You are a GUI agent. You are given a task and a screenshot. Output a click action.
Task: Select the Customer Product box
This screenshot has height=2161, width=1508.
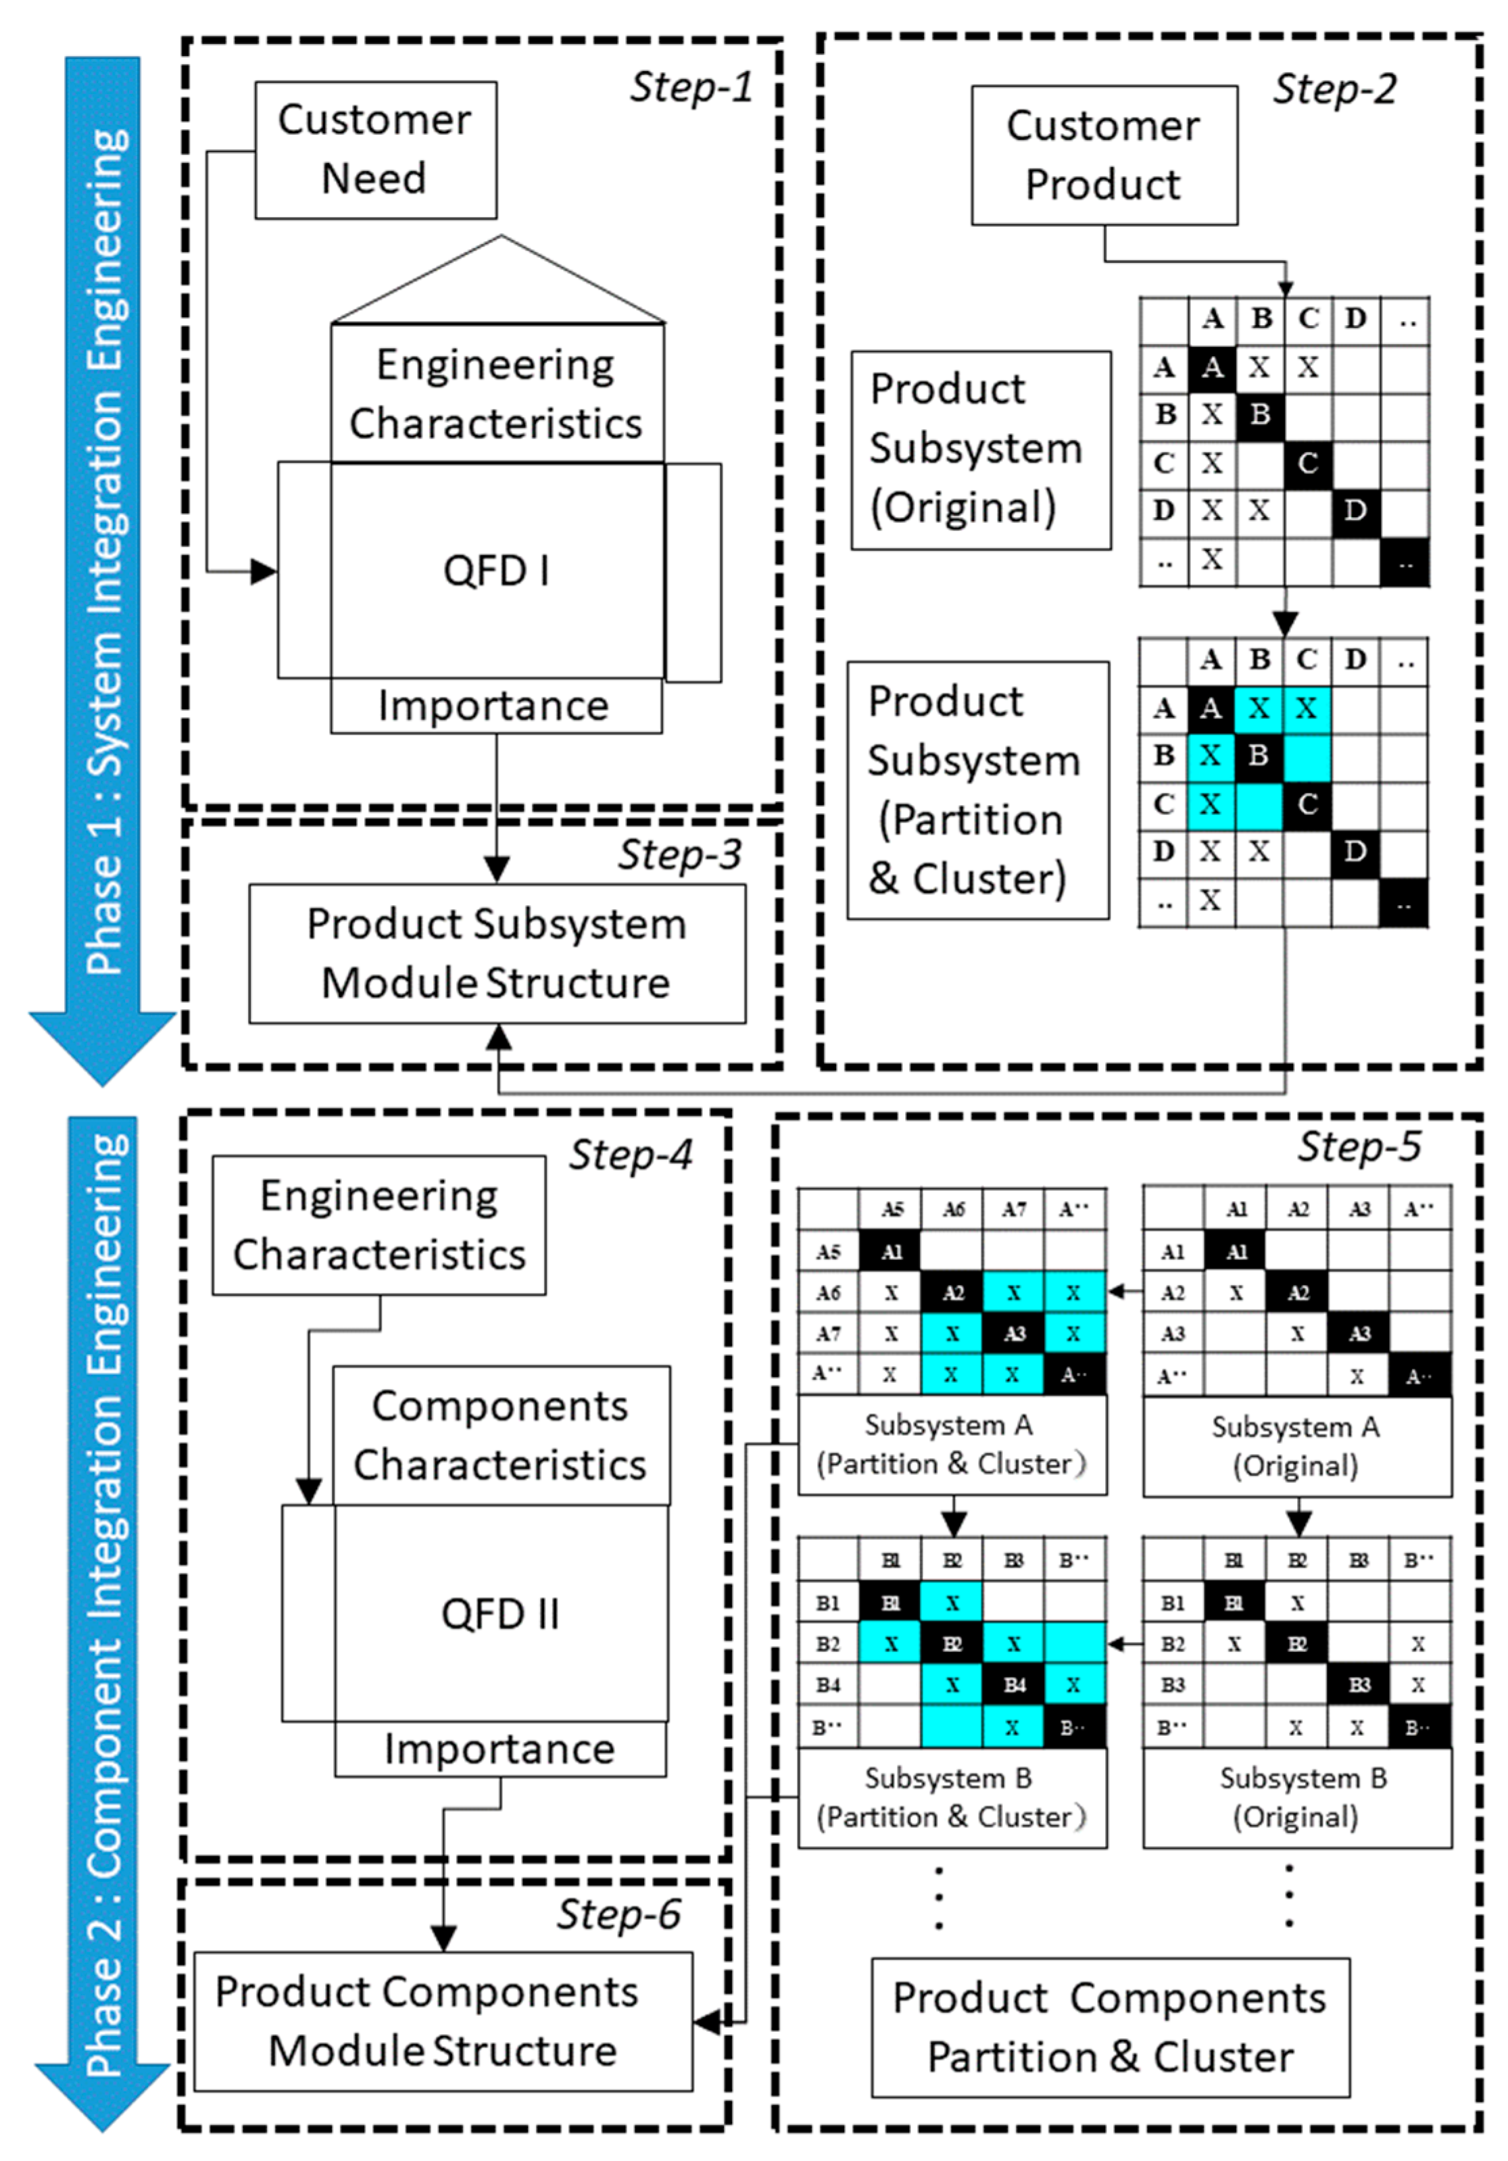pyautogui.click(x=1103, y=155)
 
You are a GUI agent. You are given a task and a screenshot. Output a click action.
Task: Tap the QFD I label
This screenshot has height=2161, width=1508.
pyautogui.click(x=496, y=571)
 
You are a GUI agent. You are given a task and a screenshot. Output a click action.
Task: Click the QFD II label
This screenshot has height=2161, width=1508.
pyautogui.click(x=500, y=1613)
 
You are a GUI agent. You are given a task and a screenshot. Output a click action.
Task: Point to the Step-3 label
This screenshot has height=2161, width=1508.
pyautogui.click(x=679, y=854)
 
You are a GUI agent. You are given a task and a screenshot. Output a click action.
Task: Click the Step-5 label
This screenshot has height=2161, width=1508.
pyautogui.click(x=1359, y=1146)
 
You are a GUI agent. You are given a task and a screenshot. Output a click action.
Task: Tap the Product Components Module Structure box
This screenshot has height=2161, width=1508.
pyautogui.click(x=443, y=2021)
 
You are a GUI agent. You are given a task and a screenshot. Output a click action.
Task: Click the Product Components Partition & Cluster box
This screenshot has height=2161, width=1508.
pyautogui.click(x=1110, y=2026)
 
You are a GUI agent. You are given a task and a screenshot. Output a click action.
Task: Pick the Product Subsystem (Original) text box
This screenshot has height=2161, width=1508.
pyautogui.click(x=980, y=450)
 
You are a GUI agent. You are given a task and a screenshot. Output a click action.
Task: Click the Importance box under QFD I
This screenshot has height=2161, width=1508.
pyautogui.click(x=495, y=706)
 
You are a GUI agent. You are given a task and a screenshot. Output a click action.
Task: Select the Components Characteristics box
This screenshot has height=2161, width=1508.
pyautogui.click(x=501, y=1435)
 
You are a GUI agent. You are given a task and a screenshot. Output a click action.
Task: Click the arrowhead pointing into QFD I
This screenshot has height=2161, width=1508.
pyautogui.click(x=264, y=570)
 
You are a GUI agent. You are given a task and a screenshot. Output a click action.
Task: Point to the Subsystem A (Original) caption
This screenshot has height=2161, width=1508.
pyautogui.click(x=1296, y=1446)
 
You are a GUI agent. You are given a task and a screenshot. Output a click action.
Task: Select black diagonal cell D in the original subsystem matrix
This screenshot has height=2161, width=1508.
pyautogui.click(x=1355, y=511)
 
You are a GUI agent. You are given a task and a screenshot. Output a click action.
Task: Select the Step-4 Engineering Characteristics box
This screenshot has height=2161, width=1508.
pyautogui.click(x=379, y=1225)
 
